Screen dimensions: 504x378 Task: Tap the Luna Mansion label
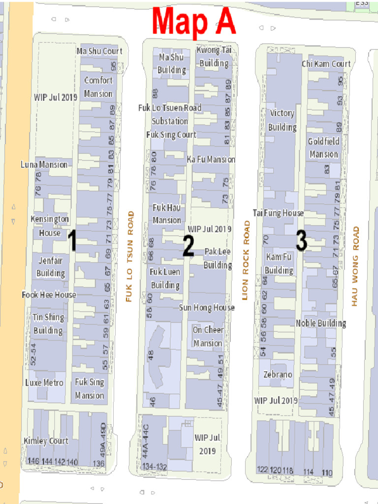click(x=44, y=164)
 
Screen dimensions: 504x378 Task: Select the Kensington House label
click(x=50, y=226)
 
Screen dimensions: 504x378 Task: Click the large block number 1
click(x=72, y=241)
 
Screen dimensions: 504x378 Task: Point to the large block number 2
click(x=188, y=246)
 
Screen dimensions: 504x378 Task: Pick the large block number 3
click(x=301, y=241)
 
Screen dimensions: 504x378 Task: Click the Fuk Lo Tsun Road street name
click(x=130, y=256)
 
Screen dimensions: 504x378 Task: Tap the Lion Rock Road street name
click(x=247, y=260)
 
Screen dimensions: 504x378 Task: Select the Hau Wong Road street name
click(x=355, y=266)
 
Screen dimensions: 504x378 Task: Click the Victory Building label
click(x=282, y=120)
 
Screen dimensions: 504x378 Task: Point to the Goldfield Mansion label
click(x=323, y=148)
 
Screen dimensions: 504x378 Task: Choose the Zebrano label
click(x=278, y=375)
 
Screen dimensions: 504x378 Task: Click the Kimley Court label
click(x=46, y=441)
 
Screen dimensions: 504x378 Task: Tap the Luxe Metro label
click(x=44, y=382)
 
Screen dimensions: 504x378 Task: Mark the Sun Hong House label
click(x=207, y=308)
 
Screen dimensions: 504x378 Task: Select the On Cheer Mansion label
click(x=208, y=336)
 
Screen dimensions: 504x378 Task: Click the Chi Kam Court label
click(x=326, y=63)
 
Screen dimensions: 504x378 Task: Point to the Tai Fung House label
click(x=278, y=213)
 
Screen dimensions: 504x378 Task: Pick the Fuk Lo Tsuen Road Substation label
click(x=170, y=114)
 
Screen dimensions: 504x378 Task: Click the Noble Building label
click(x=321, y=323)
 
